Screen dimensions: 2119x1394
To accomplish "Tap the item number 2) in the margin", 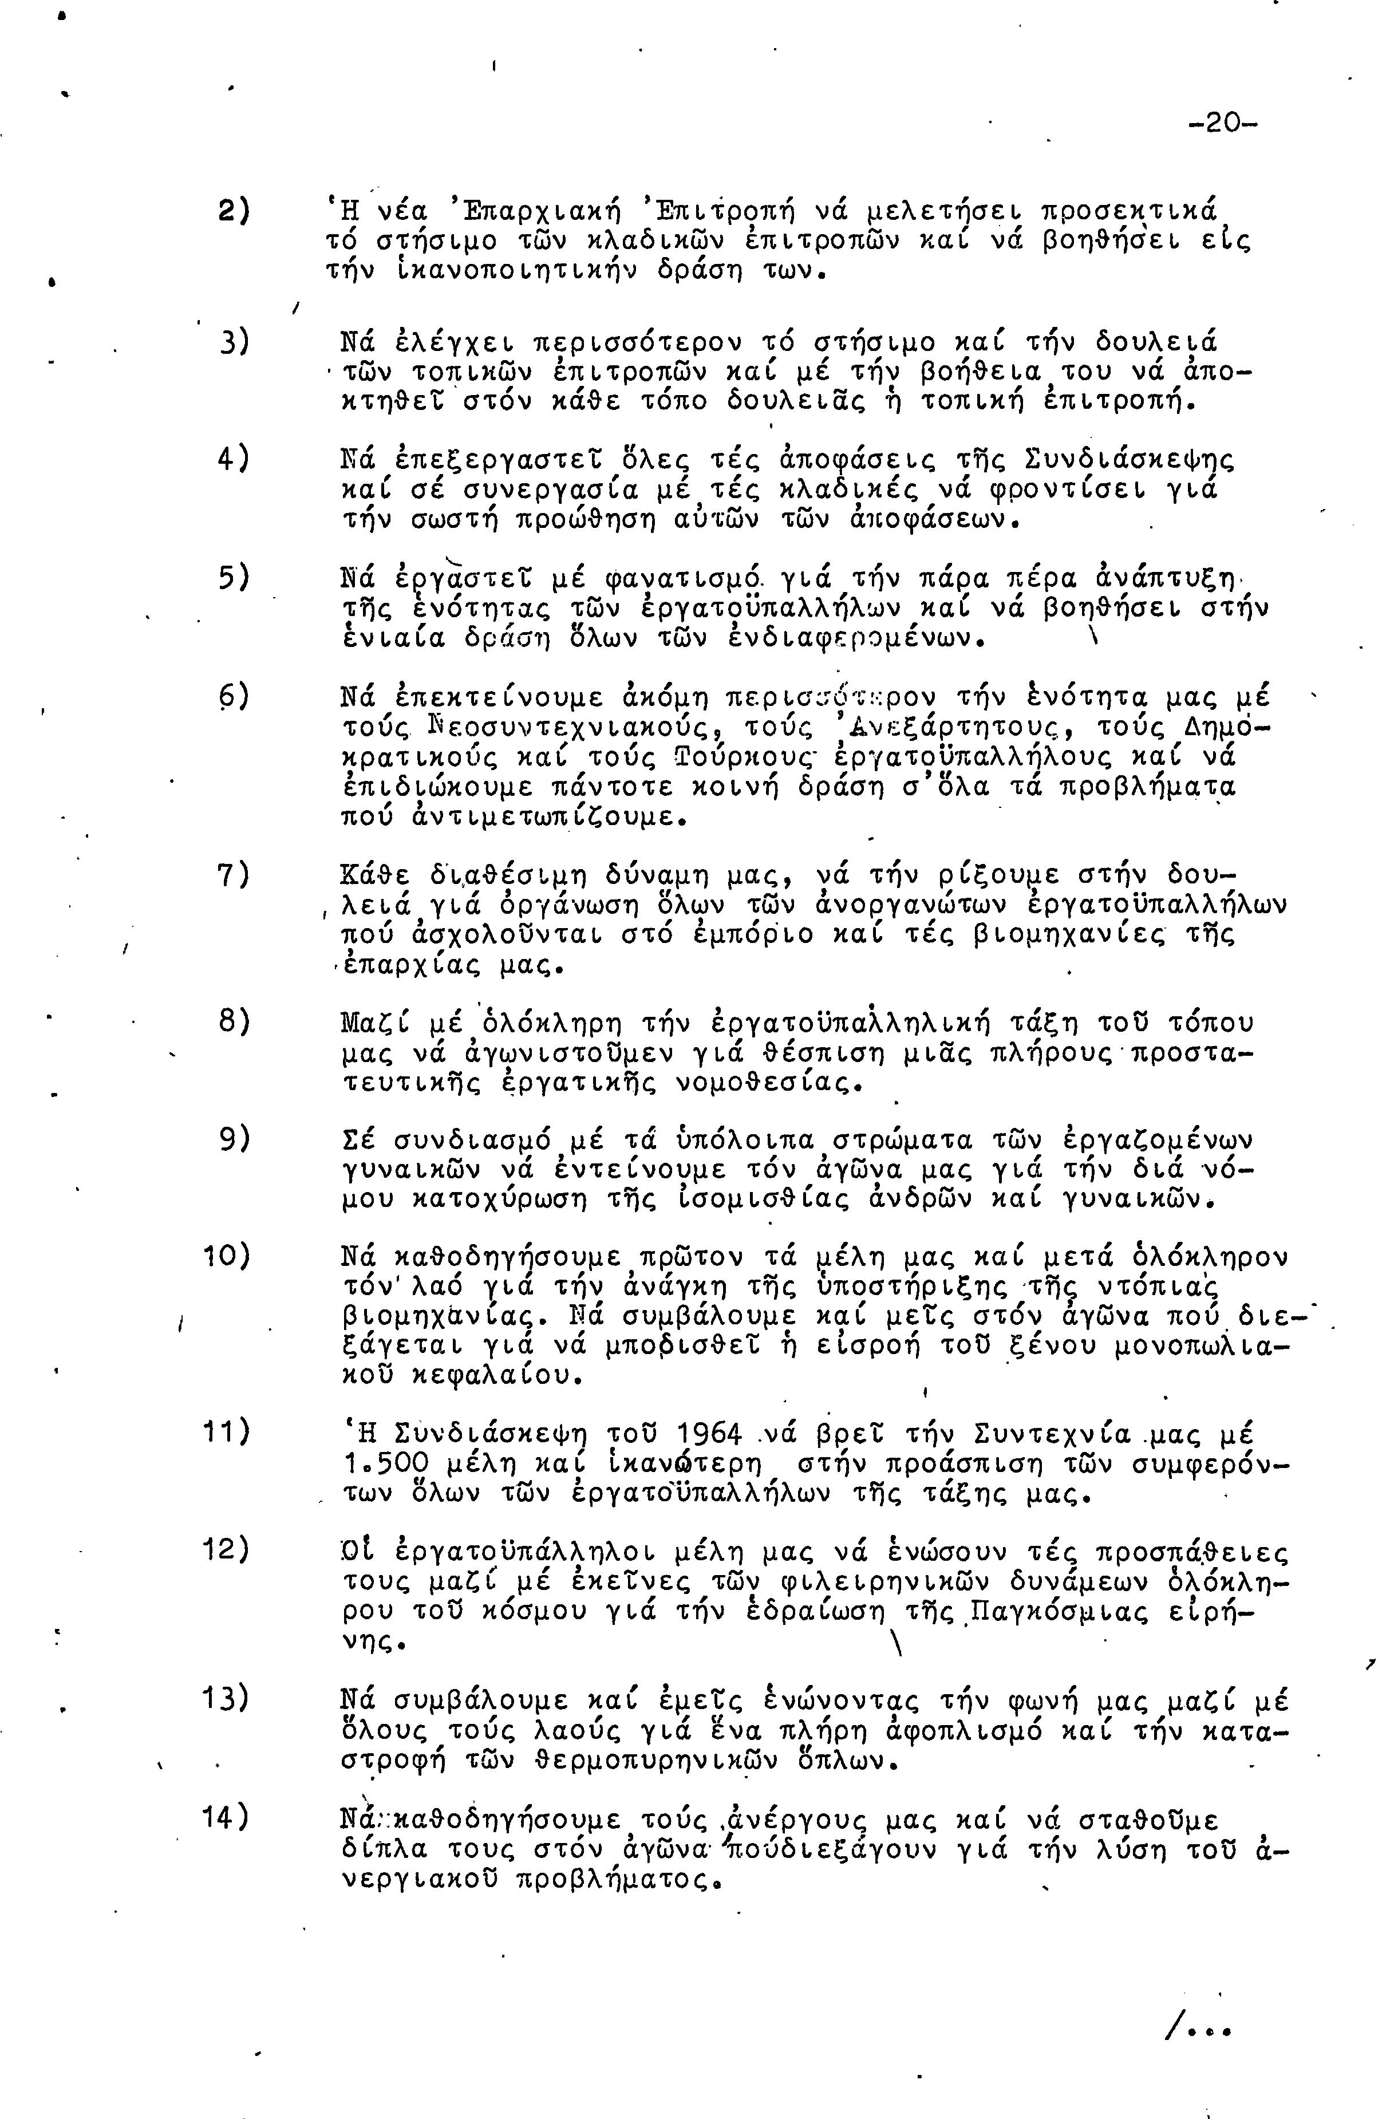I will tap(233, 213).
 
